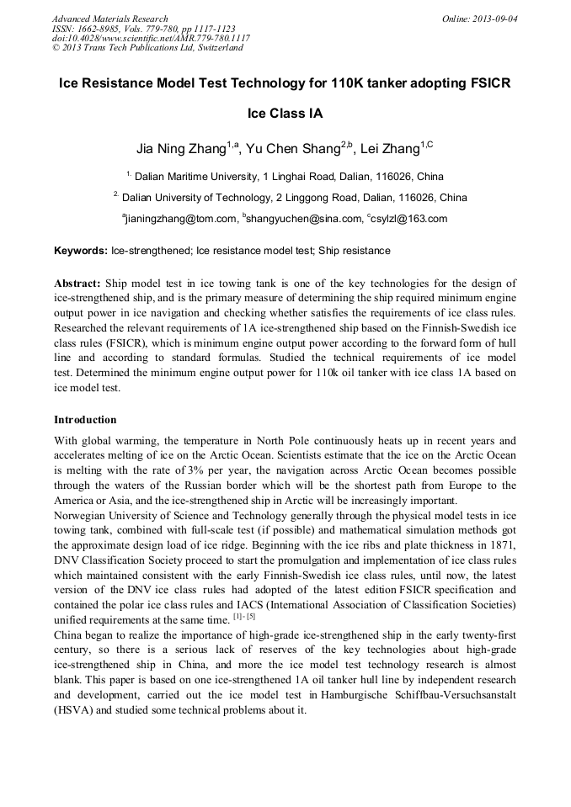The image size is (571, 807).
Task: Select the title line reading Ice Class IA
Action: point(285,114)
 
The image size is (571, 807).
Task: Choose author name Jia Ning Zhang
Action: point(180,150)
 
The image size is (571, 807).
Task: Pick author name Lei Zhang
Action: point(389,150)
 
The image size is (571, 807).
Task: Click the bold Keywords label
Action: point(81,251)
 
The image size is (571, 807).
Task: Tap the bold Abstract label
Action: point(77,284)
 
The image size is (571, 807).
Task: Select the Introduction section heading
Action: point(85,419)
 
